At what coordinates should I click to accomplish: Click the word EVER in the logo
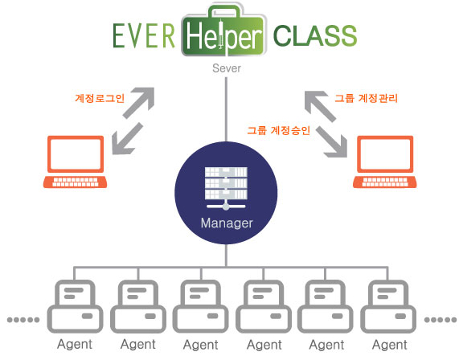(x=144, y=35)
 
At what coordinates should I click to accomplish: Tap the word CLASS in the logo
(x=315, y=35)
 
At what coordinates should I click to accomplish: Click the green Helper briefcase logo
(x=224, y=30)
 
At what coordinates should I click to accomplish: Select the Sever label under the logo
(x=227, y=68)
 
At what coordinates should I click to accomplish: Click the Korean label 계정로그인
(x=100, y=98)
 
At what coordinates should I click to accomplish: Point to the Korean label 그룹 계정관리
(x=367, y=98)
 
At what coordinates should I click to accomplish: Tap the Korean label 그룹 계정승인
(x=278, y=130)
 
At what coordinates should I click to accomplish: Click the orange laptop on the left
(x=76, y=162)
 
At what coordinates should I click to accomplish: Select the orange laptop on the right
(x=385, y=162)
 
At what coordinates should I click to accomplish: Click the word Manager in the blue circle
(x=227, y=223)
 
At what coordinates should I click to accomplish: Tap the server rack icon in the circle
(x=226, y=188)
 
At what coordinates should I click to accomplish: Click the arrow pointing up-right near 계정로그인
(x=139, y=102)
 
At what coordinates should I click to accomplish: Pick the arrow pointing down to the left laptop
(x=127, y=139)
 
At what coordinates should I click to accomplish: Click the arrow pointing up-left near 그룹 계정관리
(x=320, y=106)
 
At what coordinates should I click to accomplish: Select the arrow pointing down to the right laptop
(x=332, y=142)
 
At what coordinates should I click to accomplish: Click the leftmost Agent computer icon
(x=75, y=306)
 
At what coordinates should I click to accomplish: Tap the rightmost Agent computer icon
(x=388, y=306)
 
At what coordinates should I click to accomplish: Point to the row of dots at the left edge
(x=23, y=320)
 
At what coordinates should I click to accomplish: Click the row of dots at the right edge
(x=441, y=320)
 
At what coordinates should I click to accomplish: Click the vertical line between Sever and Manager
(x=226, y=109)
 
